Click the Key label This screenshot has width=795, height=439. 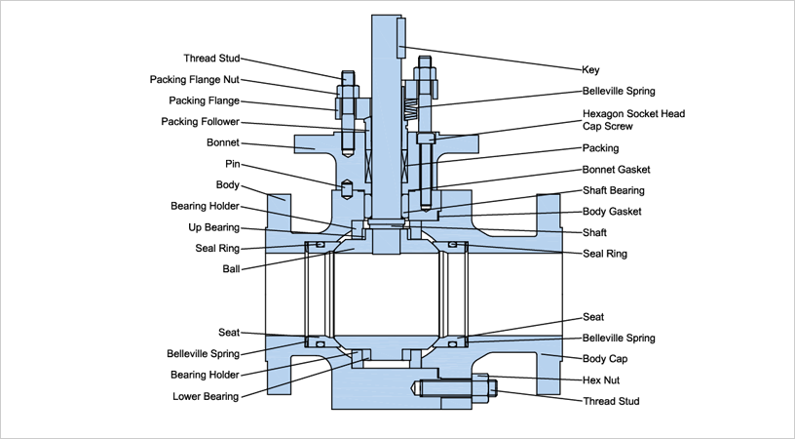[x=591, y=70]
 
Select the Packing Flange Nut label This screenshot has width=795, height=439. [x=195, y=80]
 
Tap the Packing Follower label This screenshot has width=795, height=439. [x=200, y=122]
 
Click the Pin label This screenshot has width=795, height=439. [x=232, y=164]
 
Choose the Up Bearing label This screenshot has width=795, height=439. [x=216, y=226]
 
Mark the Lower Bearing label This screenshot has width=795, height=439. [x=206, y=396]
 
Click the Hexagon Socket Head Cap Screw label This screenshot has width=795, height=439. [x=633, y=120]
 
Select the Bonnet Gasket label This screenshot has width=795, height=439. [x=616, y=170]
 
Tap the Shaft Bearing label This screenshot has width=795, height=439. [x=614, y=190]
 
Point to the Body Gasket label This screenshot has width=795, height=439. [x=612, y=212]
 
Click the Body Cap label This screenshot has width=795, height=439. [x=604, y=359]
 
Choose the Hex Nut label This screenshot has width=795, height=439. [x=600, y=379]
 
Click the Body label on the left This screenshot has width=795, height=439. [x=227, y=184]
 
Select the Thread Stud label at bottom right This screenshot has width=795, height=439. [x=611, y=401]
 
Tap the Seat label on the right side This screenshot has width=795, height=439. [x=593, y=317]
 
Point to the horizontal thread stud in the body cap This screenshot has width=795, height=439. [x=458, y=389]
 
